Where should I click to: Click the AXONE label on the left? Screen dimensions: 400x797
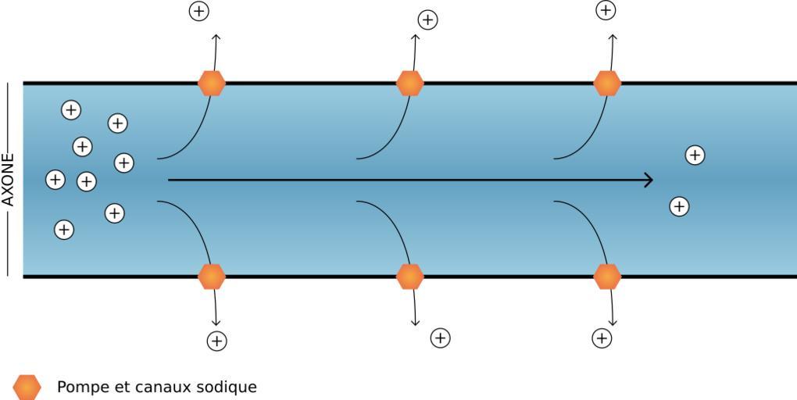click(9, 180)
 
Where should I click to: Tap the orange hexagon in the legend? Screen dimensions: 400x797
click(27, 387)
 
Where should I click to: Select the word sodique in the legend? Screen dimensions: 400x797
click(229, 387)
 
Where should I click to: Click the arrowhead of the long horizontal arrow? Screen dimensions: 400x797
click(649, 180)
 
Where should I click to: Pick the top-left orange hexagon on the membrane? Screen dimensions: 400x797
click(211, 83)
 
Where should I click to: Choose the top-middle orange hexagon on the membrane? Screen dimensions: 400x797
click(409, 83)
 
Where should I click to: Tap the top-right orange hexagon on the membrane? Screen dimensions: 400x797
click(607, 83)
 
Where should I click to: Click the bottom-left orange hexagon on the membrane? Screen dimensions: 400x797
click(211, 277)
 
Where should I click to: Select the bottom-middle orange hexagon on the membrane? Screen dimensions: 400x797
click(409, 277)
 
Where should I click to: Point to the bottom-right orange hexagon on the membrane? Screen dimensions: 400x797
click(607, 277)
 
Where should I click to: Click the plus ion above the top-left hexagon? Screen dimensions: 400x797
click(200, 11)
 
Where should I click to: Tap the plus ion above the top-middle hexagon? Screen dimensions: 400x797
click(427, 20)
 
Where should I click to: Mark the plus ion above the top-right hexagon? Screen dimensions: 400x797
click(606, 10)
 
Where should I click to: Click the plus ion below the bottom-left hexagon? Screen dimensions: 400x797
click(216, 341)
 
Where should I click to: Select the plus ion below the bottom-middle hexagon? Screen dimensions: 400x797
click(441, 337)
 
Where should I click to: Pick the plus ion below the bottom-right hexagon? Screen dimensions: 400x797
click(602, 337)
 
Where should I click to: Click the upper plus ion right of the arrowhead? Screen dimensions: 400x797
click(695, 155)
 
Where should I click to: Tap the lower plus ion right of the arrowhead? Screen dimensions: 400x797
click(679, 206)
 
